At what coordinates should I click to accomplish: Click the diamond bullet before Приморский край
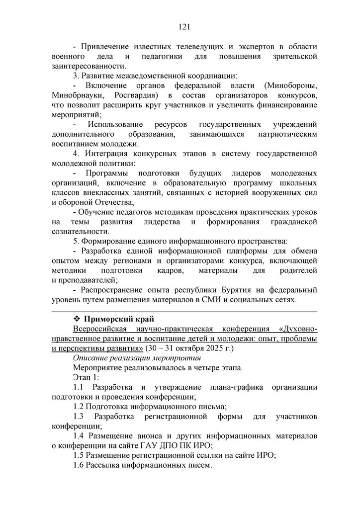click(77, 319)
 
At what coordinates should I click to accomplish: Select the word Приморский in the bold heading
click(109, 319)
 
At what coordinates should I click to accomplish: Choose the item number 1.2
click(79, 407)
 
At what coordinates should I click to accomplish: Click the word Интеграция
click(107, 154)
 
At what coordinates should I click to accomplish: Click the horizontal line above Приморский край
click(184, 311)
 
